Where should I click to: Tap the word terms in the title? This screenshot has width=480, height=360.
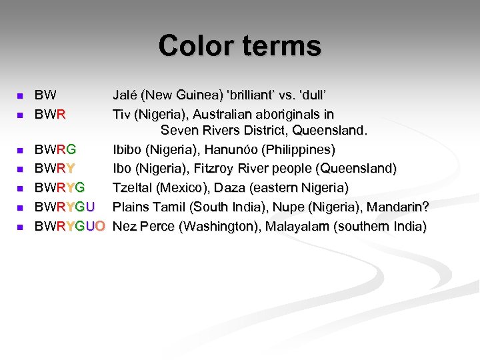point(282,46)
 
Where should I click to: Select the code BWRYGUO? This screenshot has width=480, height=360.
point(69,226)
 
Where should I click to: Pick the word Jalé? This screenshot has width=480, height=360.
point(127,95)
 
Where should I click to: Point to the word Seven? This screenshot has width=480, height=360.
point(179,129)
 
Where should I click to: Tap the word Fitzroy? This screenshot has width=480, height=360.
point(217,167)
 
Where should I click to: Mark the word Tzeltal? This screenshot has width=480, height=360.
point(131,187)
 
